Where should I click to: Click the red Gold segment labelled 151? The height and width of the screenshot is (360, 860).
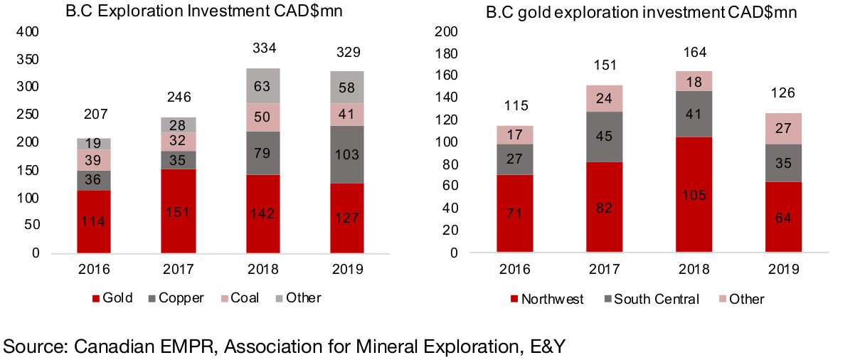pyautogui.click(x=178, y=211)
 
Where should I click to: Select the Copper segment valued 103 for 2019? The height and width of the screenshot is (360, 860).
pyautogui.click(x=347, y=154)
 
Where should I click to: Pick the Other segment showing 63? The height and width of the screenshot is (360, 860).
pyautogui.click(x=263, y=86)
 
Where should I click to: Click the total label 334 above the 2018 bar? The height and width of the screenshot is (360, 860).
pyautogui.click(x=263, y=48)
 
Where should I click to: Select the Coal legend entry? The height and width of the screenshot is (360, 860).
pyautogui.click(x=239, y=298)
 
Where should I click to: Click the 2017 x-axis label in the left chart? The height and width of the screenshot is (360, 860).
pyautogui.click(x=178, y=270)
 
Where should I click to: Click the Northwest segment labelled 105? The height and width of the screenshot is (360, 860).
pyautogui.click(x=694, y=194)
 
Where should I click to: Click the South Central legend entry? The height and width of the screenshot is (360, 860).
pyautogui.click(x=651, y=299)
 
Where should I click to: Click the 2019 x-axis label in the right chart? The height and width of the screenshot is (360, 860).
pyautogui.click(x=782, y=270)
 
